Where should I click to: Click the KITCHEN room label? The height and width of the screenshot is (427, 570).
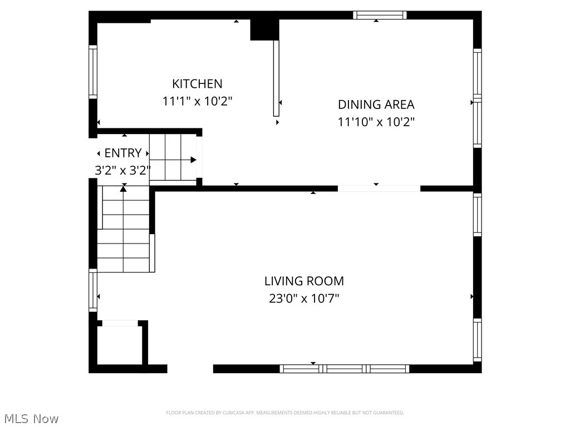tap(197, 84)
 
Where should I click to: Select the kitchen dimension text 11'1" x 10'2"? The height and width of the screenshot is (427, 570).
tap(197, 102)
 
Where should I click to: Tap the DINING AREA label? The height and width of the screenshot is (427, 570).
tap(376, 105)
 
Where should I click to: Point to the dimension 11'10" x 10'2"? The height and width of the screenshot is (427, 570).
tap(376, 122)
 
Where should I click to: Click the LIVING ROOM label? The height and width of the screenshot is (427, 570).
tap(304, 281)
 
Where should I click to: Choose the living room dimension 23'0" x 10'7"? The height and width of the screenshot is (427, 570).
tap(304, 299)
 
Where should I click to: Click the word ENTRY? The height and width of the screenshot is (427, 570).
tap(123, 153)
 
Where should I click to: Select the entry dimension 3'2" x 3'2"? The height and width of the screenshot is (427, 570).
tap(122, 171)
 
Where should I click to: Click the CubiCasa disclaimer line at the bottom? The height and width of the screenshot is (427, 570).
tap(285, 413)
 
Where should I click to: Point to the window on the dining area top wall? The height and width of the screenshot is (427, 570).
tap(380, 15)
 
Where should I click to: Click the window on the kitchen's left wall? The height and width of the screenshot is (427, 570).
tap(93, 72)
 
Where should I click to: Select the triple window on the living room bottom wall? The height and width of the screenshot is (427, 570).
tap(344, 368)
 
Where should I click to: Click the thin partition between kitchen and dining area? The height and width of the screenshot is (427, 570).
tap(276, 78)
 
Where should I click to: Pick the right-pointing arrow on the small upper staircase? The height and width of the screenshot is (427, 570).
tap(193, 160)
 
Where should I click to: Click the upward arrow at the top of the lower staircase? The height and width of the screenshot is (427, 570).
tap(124, 189)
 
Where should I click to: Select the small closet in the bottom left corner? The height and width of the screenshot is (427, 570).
tap(120, 345)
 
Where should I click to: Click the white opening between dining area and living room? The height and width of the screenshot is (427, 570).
tap(379, 188)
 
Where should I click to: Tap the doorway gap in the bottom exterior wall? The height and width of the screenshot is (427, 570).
tap(190, 368)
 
